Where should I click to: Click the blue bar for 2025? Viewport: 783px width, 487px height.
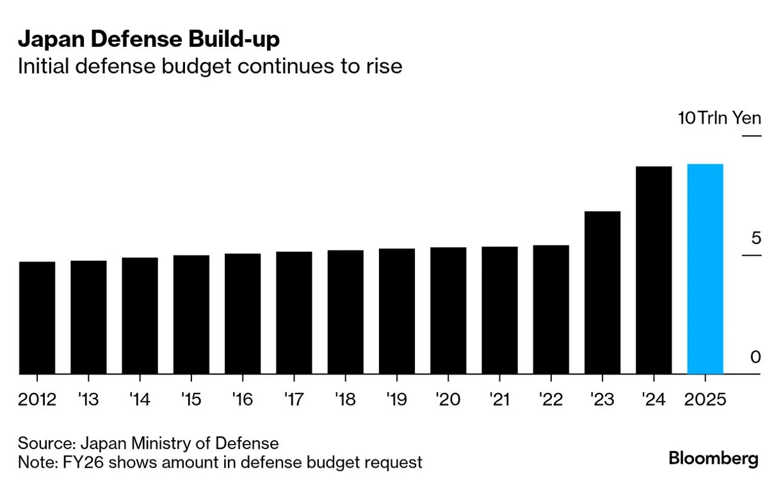point(705,269)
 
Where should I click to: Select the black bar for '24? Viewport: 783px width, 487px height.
point(654,270)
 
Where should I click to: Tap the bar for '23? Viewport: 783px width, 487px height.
point(602,293)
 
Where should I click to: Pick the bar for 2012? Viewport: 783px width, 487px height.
point(37,318)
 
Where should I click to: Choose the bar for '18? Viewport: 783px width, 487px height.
point(345,312)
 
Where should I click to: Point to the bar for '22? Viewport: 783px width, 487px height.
point(551,310)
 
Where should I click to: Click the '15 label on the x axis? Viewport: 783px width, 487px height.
point(191,400)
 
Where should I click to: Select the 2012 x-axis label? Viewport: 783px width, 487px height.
point(37,400)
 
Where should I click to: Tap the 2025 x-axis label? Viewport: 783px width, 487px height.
point(705,400)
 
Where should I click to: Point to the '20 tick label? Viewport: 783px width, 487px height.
point(448,400)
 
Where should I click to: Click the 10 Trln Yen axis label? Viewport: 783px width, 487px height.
point(720,118)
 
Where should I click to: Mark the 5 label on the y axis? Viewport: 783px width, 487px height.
point(756,238)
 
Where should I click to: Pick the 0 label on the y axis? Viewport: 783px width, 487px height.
point(756,357)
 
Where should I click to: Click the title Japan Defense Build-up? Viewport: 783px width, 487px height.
point(149,40)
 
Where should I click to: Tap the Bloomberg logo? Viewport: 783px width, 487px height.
point(713,459)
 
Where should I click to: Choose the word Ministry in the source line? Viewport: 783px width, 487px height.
point(163,443)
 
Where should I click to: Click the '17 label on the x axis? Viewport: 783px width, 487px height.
point(294,400)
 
